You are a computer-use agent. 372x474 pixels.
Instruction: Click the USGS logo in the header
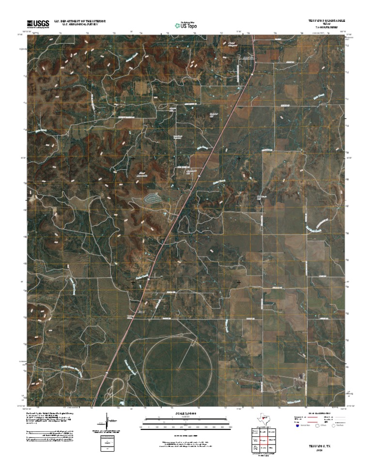[38, 24]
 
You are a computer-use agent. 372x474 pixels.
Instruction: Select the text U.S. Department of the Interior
[80, 21]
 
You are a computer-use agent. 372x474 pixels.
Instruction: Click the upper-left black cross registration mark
[133, 158]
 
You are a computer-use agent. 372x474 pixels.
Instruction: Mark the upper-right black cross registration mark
[239, 158]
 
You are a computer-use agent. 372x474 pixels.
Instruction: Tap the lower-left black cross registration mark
[133, 282]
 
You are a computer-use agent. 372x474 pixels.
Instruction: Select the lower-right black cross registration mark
[239, 282]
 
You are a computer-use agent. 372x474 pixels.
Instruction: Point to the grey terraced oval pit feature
[153, 198]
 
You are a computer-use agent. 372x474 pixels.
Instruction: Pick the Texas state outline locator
[264, 418]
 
